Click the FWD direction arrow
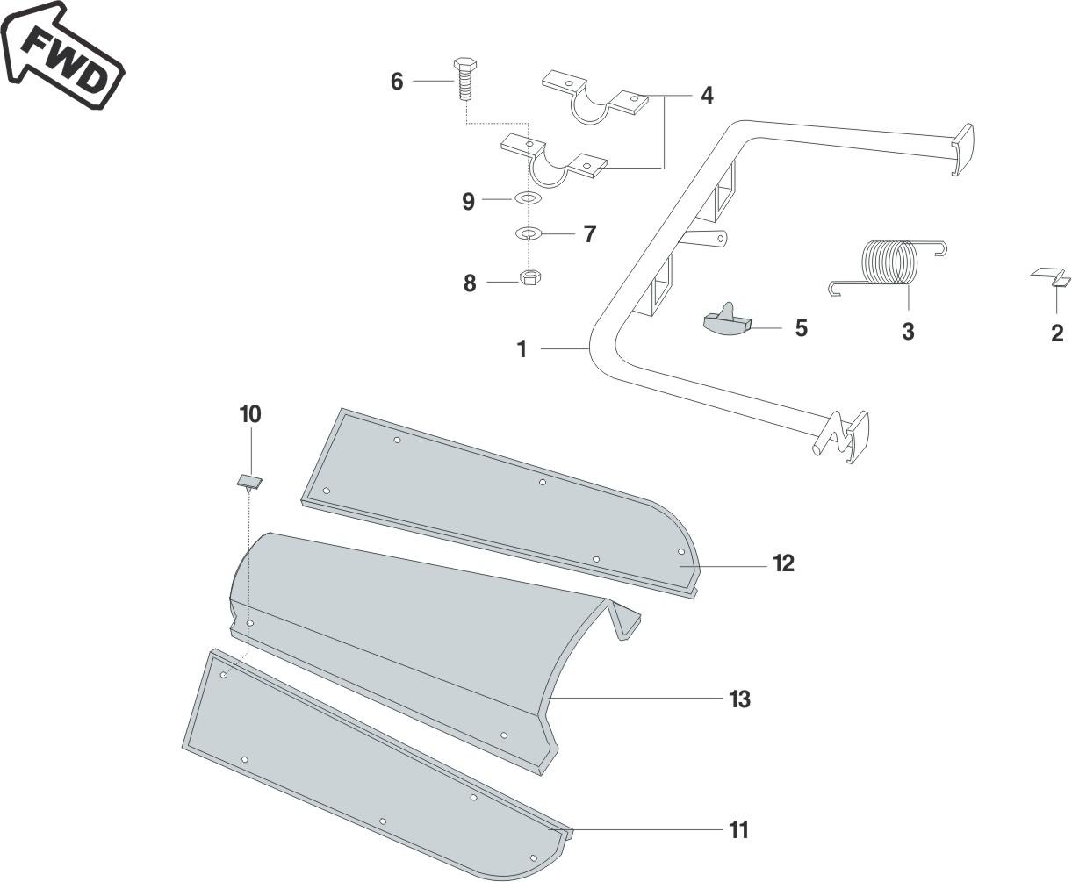pyautogui.click(x=61, y=54)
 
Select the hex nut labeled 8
pyautogui.click(x=529, y=277)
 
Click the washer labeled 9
pyautogui.click(x=527, y=199)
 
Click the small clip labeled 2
pyautogui.click(x=1051, y=277)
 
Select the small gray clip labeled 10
pyautogui.click(x=250, y=481)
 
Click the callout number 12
pyautogui.click(x=783, y=563)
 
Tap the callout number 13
pyautogui.click(x=739, y=699)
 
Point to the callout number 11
pyautogui.click(x=739, y=829)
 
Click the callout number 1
pyautogui.click(x=522, y=349)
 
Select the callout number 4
pyautogui.click(x=707, y=96)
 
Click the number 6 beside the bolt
pyautogui.click(x=397, y=82)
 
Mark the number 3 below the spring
pyautogui.click(x=908, y=332)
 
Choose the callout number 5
pyautogui.click(x=801, y=327)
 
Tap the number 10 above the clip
pyautogui.click(x=250, y=414)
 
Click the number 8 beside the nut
pyautogui.click(x=470, y=283)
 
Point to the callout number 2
pyautogui.click(x=1057, y=333)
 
